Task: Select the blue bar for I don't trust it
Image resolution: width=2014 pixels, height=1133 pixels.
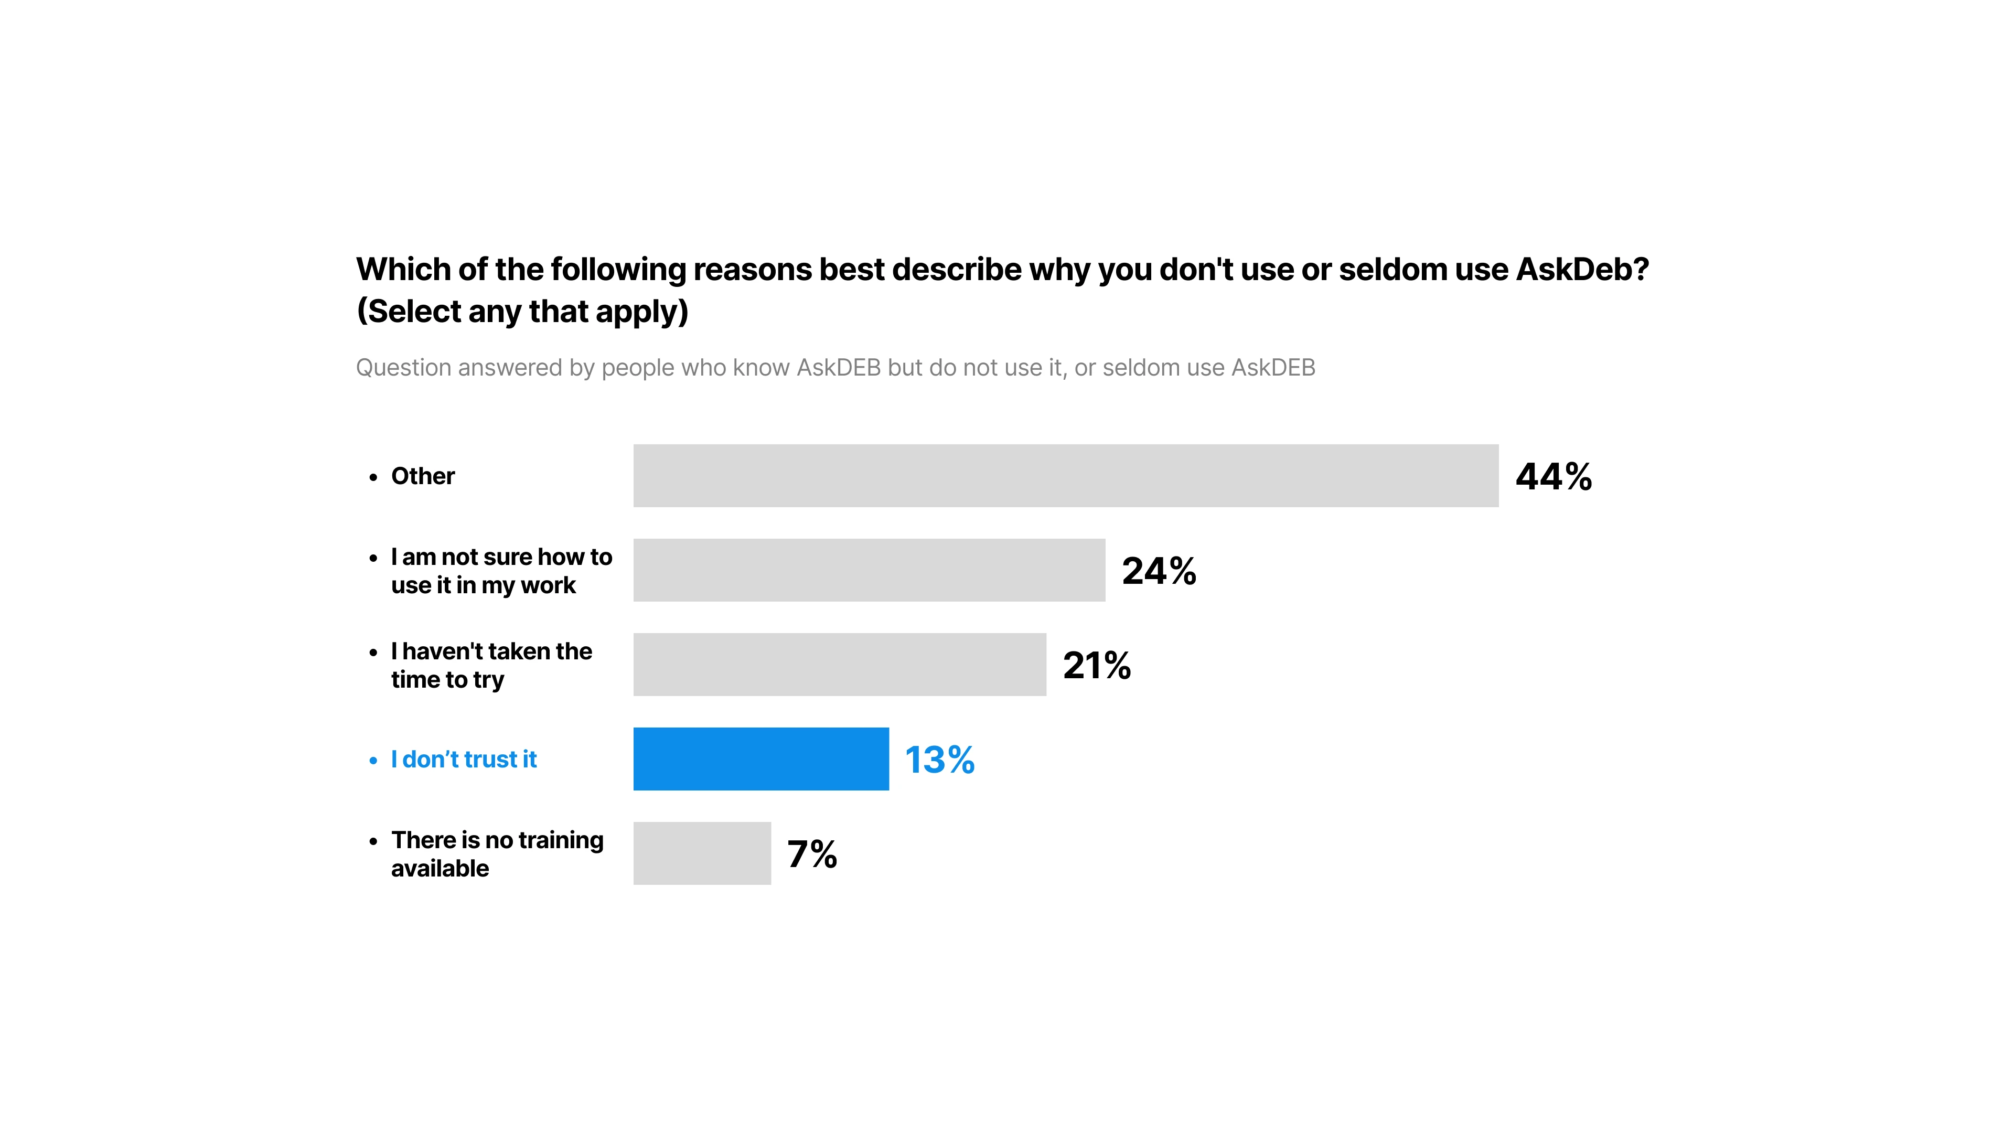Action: click(x=760, y=758)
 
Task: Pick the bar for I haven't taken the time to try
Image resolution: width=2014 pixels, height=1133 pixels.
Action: click(x=839, y=664)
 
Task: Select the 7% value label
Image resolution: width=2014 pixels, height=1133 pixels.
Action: click(x=811, y=854)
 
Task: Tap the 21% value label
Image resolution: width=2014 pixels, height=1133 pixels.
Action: click(x=1096, y=666)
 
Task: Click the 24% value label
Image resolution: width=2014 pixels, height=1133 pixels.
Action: click(x=1158, y=571)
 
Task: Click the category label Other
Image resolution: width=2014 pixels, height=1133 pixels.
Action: click(x=422, y=476)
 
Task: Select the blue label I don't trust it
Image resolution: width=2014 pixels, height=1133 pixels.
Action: click(x=464, y=759)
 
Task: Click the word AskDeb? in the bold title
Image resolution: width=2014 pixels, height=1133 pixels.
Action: click(x=1582, y=270)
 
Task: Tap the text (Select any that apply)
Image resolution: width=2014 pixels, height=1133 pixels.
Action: click(x=522, y=311)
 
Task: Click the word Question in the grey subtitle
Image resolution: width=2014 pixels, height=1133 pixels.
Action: click(x=403, y=368)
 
